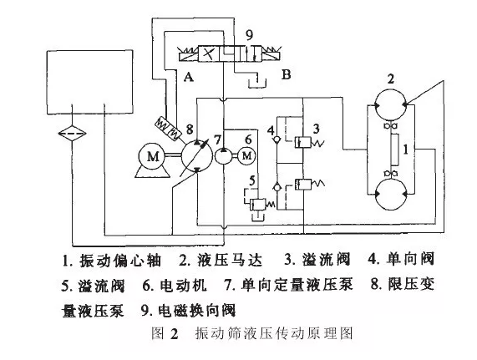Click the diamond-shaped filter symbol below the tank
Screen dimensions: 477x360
point(72,133)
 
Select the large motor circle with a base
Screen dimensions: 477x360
point(152,156)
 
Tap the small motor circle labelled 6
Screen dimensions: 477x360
point(246,156)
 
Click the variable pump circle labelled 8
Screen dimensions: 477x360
point(197,156)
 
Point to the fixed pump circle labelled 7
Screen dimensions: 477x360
point(224,156)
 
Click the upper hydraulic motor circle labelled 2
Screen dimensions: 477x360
point(390,104)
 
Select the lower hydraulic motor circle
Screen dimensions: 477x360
point(390,195)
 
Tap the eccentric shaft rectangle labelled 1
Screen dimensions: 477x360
point(394,150)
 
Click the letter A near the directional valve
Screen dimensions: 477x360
point(189,77)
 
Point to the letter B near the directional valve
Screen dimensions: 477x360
point(287,74)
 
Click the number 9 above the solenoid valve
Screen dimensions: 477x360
point(249,35)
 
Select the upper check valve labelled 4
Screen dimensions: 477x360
point(277,139)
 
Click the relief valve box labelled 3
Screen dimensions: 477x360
point(302,142)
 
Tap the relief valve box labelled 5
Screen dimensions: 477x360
point(257,205)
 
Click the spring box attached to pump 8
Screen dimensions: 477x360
point(167,129)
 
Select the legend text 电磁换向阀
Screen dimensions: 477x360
point(197,311)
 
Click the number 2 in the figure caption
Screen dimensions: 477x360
point(174,334)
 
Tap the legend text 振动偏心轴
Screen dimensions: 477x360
point(120,261)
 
